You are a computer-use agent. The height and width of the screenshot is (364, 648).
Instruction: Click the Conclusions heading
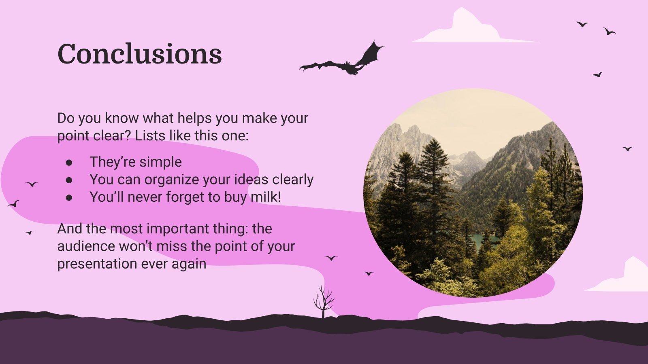click(x=140, y=54)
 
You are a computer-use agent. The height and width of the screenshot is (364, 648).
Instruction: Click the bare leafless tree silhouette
click(x=324, y=302)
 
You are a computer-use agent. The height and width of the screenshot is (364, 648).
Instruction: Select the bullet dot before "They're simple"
click(x=69, y=162)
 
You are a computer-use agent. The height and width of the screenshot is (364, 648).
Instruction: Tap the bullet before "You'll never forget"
click(x=69, y=198)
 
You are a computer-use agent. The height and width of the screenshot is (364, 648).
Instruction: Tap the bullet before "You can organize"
click(x=69, y=180)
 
